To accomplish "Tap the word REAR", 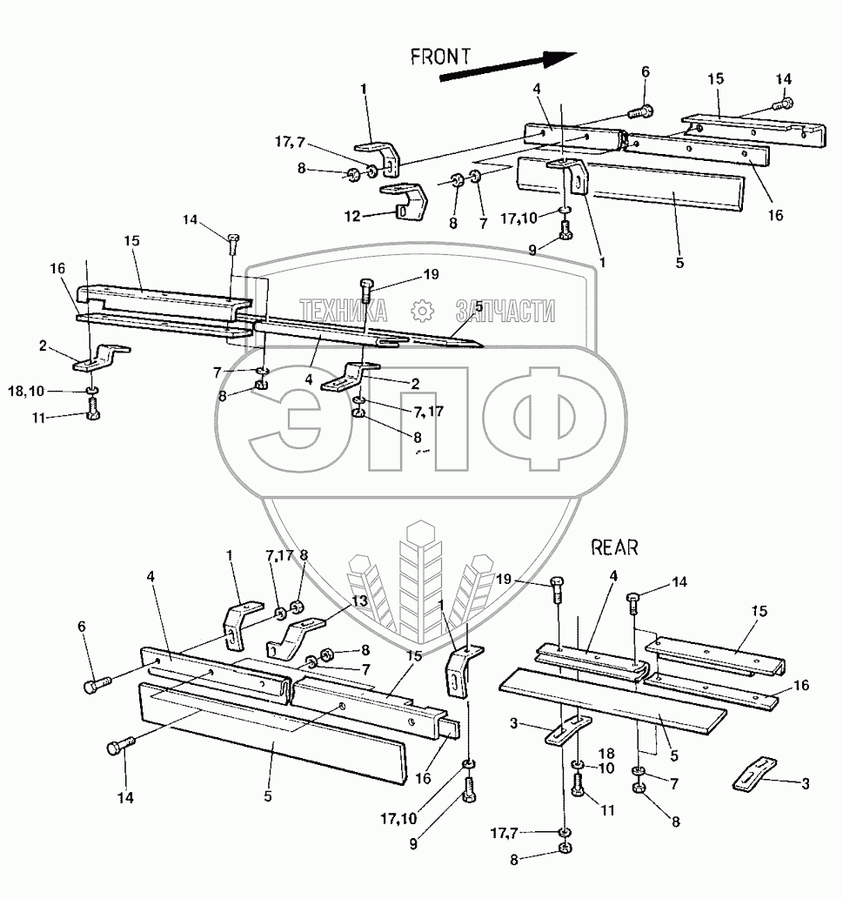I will click(614, 547).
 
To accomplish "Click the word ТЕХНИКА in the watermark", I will click(345, 311).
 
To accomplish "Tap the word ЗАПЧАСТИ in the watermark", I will click(505, 311).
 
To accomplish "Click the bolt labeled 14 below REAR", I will click(634, 601).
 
